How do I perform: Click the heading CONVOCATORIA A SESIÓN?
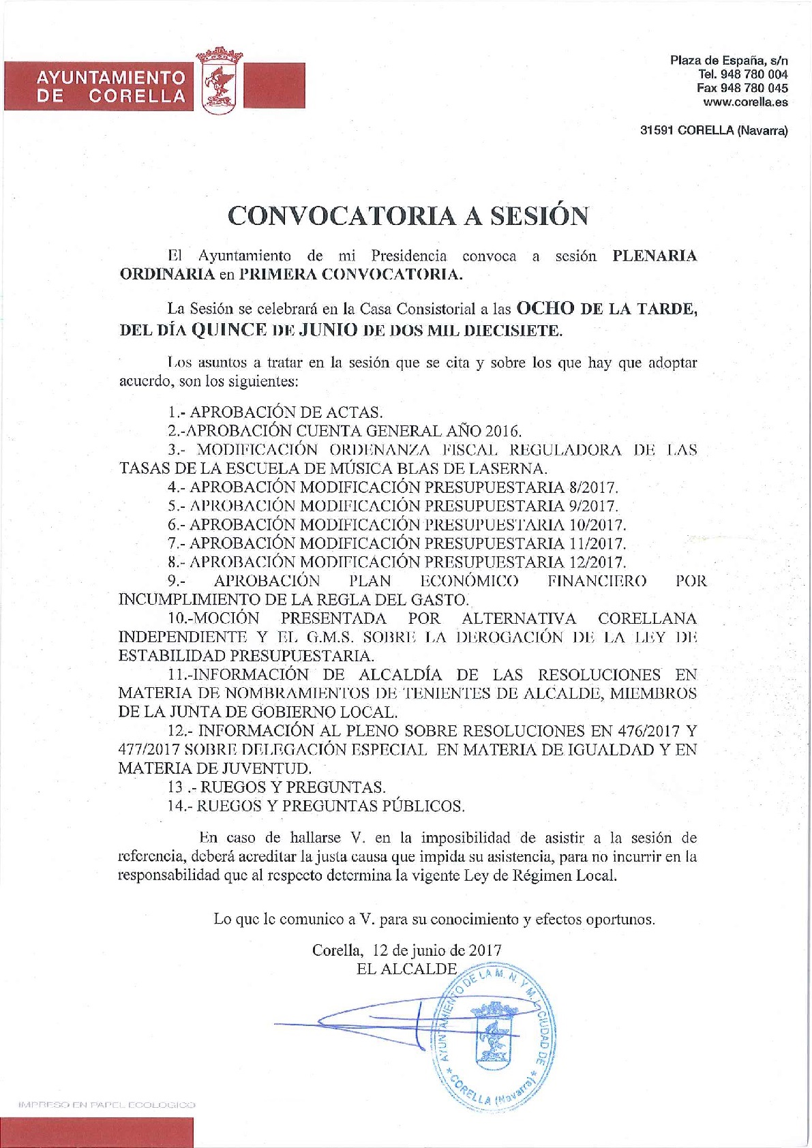coord(408,215)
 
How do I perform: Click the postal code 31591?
coord(656,132)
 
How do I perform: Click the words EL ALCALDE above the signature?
coord(406,969)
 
